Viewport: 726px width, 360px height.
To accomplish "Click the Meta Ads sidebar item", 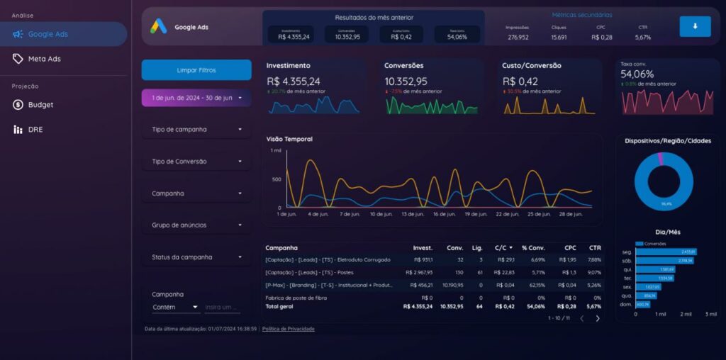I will [44, 59].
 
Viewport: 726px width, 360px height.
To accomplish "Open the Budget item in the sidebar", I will [40, 105].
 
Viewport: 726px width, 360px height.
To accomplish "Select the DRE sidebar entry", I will [35, 130].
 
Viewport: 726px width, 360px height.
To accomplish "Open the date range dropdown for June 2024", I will [196, 98].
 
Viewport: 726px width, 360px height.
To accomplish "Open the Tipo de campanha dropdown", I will [196, 130].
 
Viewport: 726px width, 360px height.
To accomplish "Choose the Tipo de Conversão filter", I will [196, 162].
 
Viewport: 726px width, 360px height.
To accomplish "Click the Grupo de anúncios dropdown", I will [196, 225].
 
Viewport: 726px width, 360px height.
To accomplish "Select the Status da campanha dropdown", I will [196, 257].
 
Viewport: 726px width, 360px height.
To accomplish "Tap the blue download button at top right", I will [694, 26].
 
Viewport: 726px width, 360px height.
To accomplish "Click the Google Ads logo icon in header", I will [157, 27].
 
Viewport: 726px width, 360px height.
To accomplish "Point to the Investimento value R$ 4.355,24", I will [293, 81].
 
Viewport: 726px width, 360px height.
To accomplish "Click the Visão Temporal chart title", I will [289, 139].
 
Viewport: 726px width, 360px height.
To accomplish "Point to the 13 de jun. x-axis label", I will [413, 214].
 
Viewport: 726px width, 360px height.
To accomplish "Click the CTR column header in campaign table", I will [594, 248].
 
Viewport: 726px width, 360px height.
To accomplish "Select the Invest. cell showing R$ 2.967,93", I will [418, 272].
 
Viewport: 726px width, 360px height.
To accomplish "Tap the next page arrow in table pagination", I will [598, 318].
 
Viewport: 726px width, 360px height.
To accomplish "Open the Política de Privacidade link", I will [288, 329].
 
